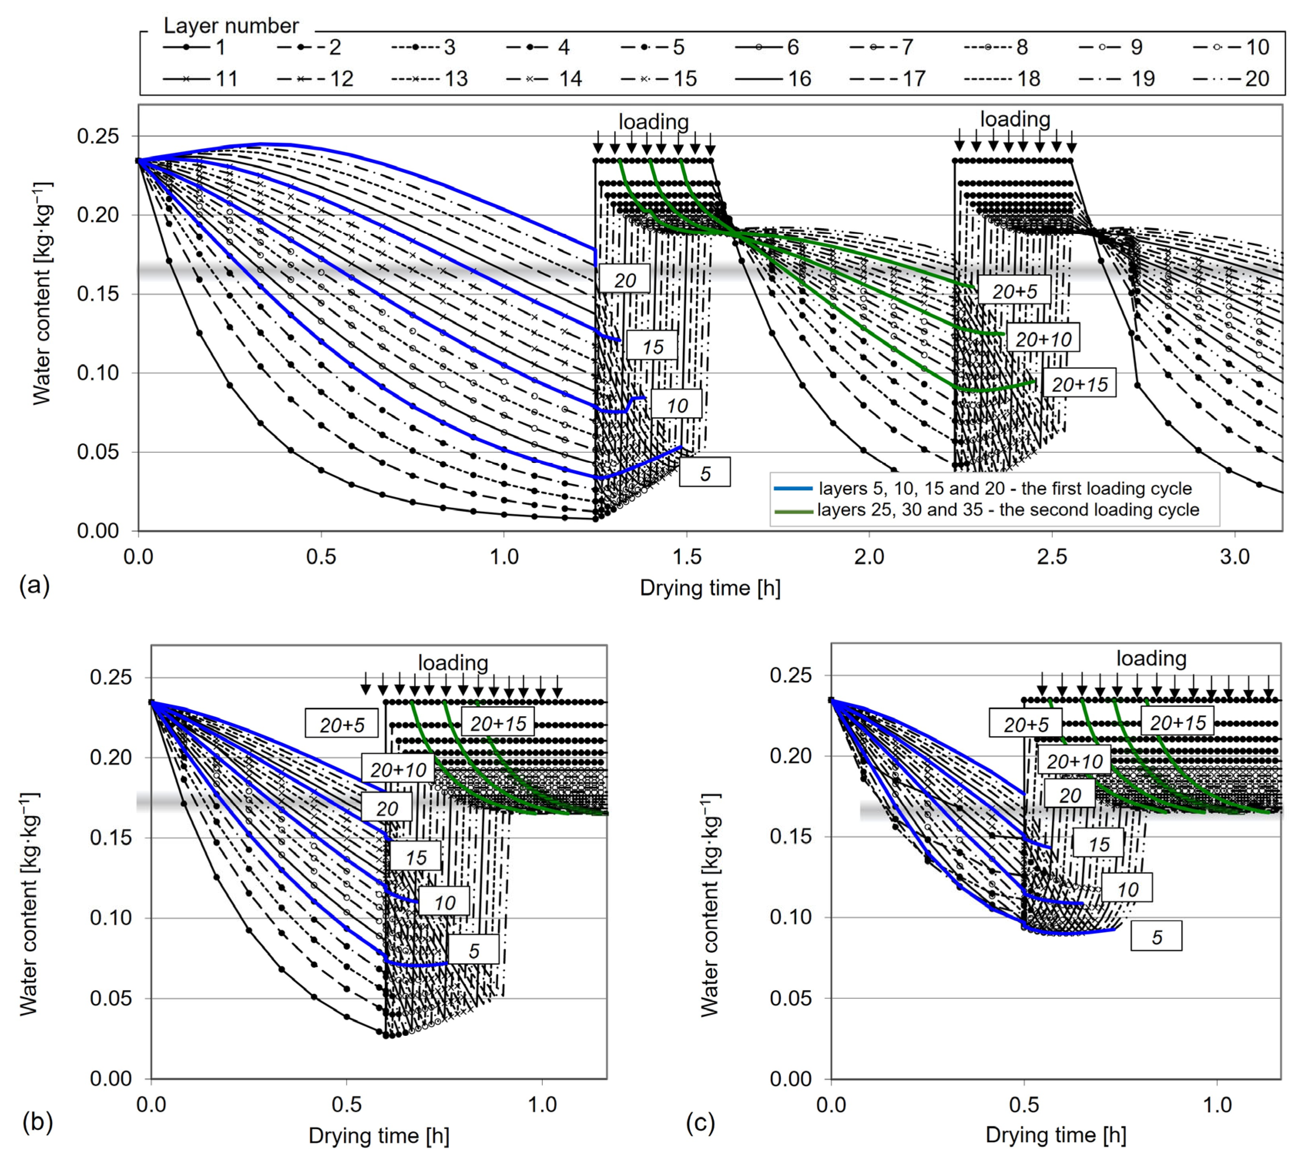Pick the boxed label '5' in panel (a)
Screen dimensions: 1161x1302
(705, 473)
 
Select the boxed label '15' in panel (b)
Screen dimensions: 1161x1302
(416, 857)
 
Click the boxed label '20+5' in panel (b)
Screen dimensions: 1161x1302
(341, 725)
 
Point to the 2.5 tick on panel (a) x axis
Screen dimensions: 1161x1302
(1052, 557)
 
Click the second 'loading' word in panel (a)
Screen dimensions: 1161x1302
(1015, 119)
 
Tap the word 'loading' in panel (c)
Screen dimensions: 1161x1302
(1151, 658)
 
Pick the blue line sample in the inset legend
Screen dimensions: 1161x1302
(793, 489)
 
